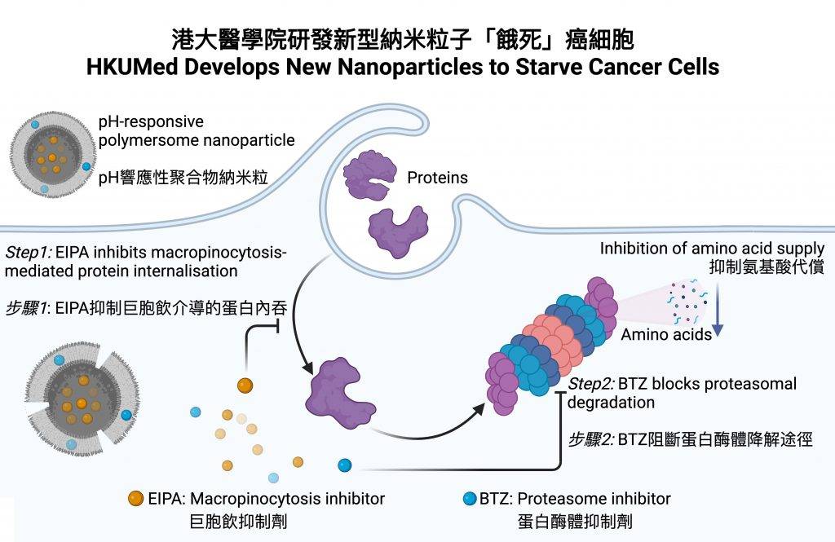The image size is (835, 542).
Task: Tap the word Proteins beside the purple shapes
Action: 437,178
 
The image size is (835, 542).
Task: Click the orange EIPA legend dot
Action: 136,498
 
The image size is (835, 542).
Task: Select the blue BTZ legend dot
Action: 470,498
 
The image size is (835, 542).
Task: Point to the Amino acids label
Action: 666,334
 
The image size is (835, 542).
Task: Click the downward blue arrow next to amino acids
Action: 718,310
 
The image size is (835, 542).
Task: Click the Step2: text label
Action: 591,383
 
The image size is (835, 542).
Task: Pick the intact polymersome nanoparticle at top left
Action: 53,154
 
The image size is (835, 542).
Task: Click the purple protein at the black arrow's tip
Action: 340,392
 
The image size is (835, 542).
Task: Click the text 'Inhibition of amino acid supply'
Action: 712,248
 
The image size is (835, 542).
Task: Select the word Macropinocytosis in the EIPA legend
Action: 255,499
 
